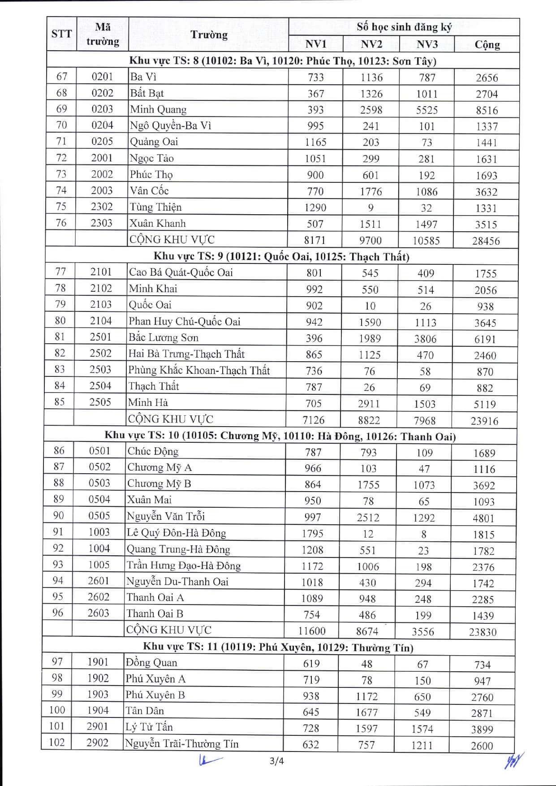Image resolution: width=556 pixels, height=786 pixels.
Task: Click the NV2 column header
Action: point(371,44)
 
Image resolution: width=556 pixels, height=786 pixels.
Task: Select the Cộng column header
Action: point(487,44)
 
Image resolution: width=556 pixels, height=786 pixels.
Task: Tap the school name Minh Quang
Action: point(158,109)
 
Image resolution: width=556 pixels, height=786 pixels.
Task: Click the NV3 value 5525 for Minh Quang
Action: point(427,110)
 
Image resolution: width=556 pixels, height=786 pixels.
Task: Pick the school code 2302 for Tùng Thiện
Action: point(102,207)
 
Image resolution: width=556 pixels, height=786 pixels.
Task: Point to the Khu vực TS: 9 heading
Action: point(281,256)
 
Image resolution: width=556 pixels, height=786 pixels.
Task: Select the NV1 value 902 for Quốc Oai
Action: point(314,306)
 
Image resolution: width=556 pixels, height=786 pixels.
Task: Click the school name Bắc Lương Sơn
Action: point(163,337)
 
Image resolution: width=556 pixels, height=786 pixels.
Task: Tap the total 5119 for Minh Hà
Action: point(485,404)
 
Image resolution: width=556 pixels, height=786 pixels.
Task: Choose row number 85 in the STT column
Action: point(60,402)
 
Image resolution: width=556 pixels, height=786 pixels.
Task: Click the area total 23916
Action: point(484,421)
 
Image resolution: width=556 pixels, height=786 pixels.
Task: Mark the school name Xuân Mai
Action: point(149,500)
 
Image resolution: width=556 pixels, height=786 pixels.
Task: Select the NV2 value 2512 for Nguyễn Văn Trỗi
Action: point(368,518)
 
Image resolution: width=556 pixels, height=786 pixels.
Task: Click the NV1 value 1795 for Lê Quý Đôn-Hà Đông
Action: point(312,534)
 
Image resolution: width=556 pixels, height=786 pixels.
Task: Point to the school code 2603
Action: point(98,613)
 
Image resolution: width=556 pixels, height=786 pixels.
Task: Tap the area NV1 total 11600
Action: point(312,631)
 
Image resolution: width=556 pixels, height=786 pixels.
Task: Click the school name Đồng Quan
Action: point(151,663)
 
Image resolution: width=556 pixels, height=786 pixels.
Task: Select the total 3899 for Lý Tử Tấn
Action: point(482,730)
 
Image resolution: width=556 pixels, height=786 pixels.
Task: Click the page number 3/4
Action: point(276,761)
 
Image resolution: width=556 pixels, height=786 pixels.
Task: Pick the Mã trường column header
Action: point(103,34)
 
